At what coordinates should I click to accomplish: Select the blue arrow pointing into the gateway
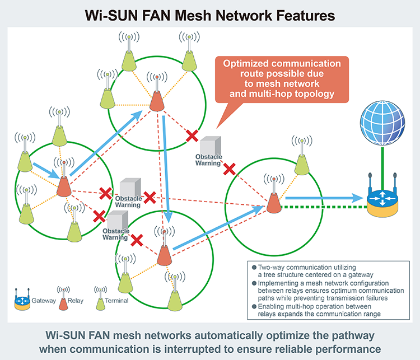(323, 198)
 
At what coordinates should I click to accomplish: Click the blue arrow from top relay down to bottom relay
(166, 168)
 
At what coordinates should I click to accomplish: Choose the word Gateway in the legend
(44, 301)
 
